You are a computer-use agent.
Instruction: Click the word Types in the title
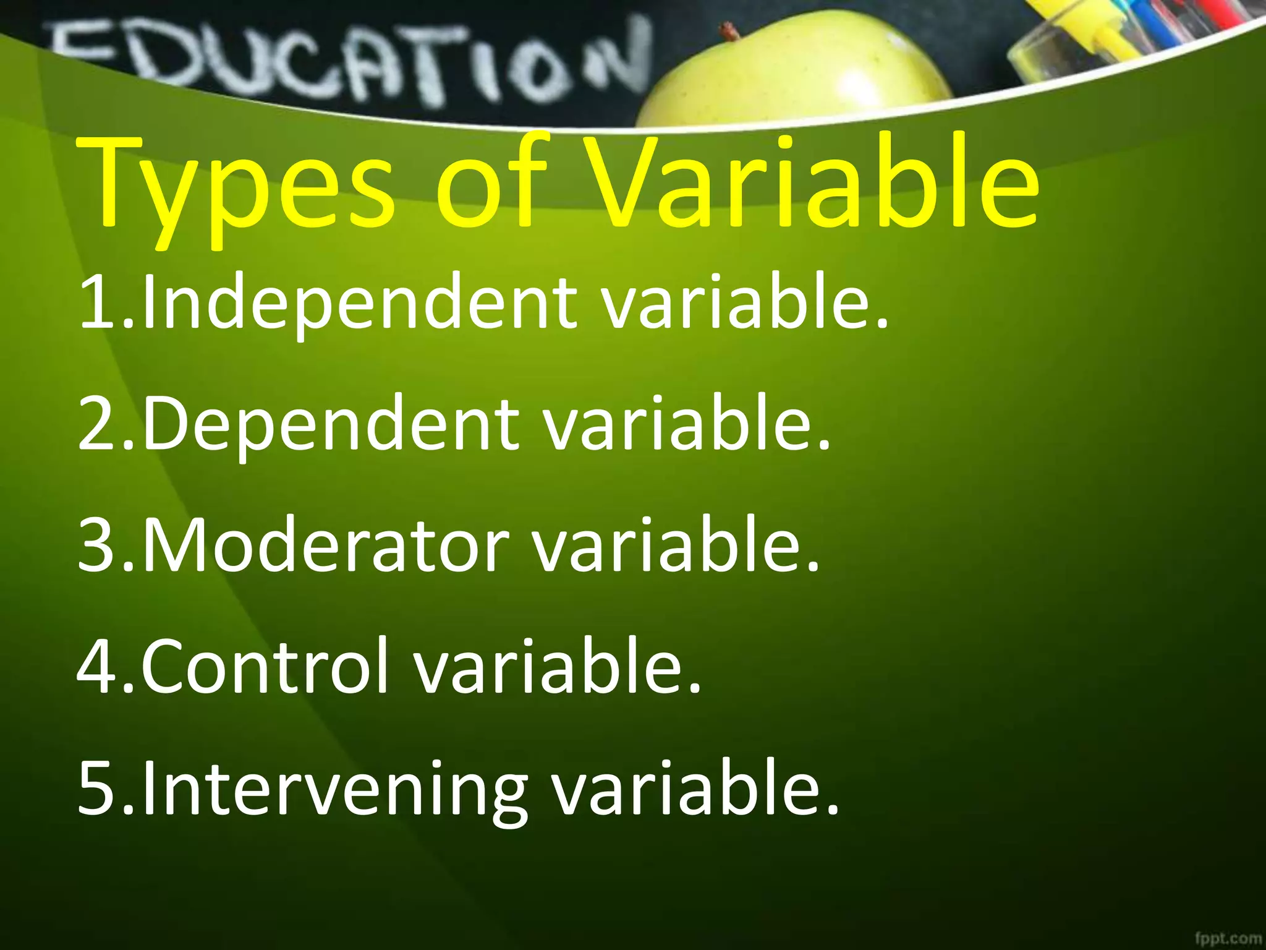(238, 186)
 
